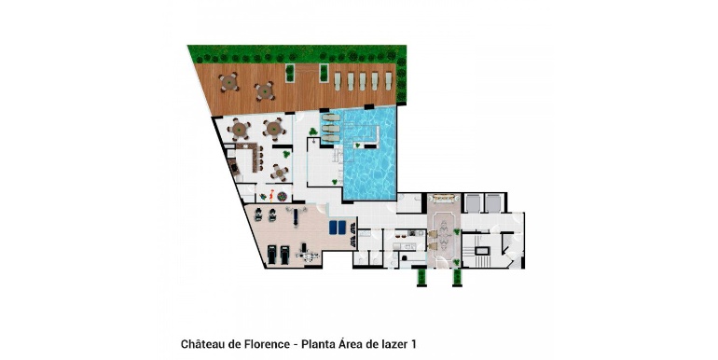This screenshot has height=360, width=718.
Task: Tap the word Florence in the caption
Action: pyautogui.click(x=266, y=344)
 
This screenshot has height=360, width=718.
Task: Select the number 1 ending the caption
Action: pyautogui.click(x=413, y=344)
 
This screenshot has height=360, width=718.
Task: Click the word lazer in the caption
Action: pyautogui.click(x=394, y=344)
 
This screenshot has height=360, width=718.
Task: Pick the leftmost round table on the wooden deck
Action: pyautogui.click(x=228, y=82)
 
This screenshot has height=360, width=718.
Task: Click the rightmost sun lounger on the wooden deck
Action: pyautogui.click(x=388, y=81)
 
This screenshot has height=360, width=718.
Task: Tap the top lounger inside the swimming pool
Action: pyautogui.click(x=331, y=118)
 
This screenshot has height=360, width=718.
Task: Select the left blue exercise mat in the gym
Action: pyautogui.click(x=333, y=228)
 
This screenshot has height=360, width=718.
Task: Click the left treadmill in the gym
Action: pyautogui.click(x=272, y=255)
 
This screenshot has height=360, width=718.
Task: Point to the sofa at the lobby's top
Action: pyautogui.click(x=444, y=198)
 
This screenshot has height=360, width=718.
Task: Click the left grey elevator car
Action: pyautogui.click(x=472, y=203)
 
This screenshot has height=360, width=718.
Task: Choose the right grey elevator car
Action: pyautogui.click(x=493, y=203)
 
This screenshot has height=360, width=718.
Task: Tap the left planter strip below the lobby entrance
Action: pyautogui.click(x=421, y=277)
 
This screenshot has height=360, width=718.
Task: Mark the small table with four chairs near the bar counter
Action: pyautogui.click(x=280, y=173)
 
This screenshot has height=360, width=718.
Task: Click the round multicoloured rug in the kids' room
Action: pyautogui.click(x=282, y=197)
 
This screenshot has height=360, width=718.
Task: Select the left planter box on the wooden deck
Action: pyautogui.click(x=289, y=74)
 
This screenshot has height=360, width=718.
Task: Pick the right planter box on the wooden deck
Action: pyautogui.click(x=324, y=74)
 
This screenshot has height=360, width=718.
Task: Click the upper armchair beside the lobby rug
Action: pyautogui.click(x=433, y=234)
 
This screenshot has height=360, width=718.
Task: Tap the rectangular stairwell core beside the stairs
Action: pyautogui.click(x=482, y=251)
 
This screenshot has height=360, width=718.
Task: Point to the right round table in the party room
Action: pyautogui.click(x=274, y=129)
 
